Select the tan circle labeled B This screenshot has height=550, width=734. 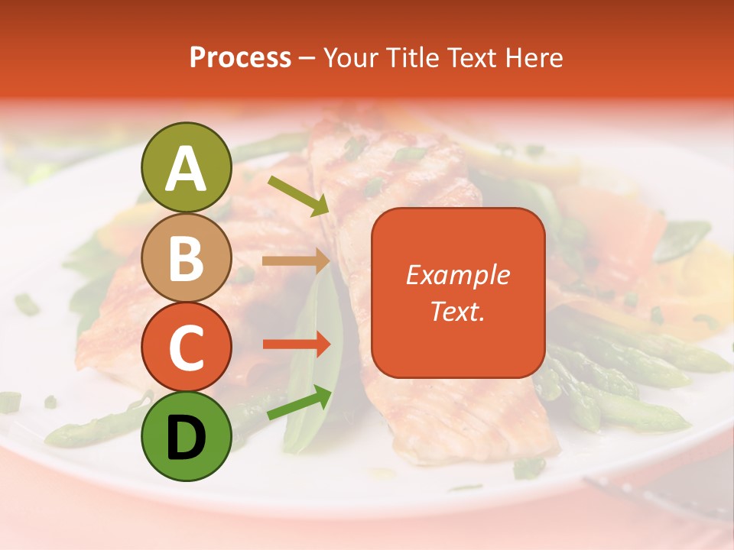tap(187, 258)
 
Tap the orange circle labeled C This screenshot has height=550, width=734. tap(187, 348)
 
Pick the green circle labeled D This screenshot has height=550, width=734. tap(187, 436)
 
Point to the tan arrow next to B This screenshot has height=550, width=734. tap(296, 261)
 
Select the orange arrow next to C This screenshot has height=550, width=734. tap(296, 345)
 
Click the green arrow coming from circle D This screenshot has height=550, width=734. tap(299, 403)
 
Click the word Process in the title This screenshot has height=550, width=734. tap(240, 58)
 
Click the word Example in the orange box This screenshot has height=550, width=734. tap(457, 275)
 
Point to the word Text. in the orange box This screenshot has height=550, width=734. tap(457, 311)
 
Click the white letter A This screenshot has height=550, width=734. tap(187, 169)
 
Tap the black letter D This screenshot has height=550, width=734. tap(187, 438)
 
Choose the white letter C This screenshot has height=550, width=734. tap(187, 348)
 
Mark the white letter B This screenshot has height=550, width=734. tap(187, 259)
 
